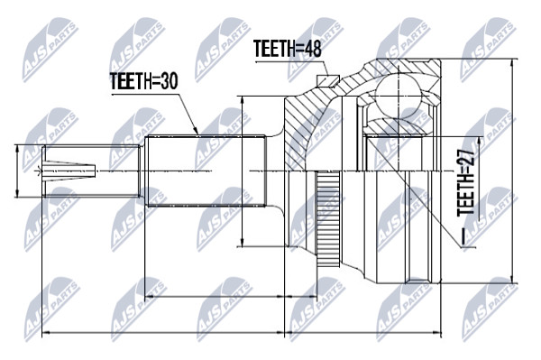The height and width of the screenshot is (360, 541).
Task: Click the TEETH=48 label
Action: [x=287, y=49]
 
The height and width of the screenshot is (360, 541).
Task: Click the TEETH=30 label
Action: [x=143, y=81]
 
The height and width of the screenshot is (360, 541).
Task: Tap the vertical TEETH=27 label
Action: [x=465, y=183]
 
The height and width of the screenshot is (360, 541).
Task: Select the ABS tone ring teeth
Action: [x=328, y=219]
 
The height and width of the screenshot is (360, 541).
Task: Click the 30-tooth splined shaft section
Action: [x=206, y=171]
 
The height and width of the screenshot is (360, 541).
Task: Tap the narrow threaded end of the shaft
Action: [x=91, y=171]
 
